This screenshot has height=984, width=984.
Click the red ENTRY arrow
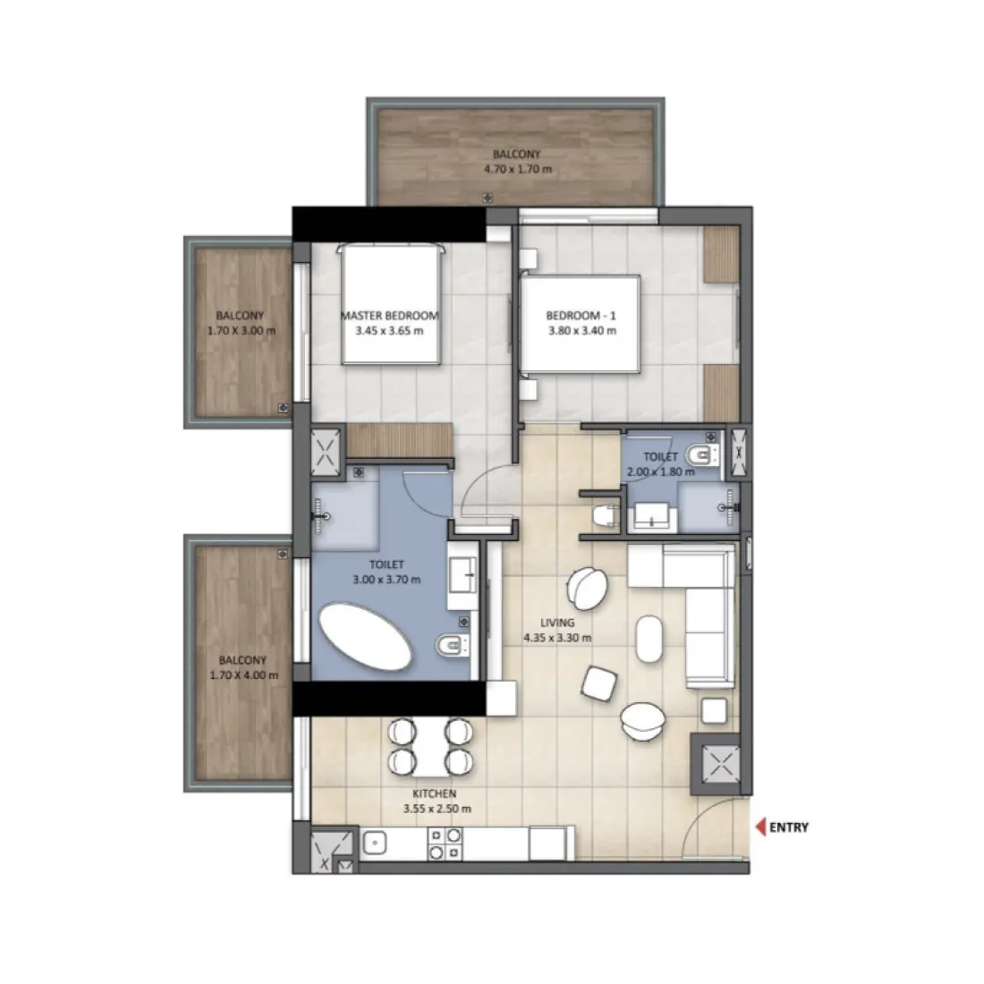761,827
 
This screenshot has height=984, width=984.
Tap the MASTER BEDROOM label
389,316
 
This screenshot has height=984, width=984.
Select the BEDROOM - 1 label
581,316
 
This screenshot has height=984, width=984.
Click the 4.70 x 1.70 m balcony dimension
517,168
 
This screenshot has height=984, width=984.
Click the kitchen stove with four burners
445,843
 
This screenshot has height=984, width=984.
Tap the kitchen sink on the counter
374,843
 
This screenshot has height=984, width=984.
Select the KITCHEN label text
435,793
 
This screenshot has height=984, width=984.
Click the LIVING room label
557,623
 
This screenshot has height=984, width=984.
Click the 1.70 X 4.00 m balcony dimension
242,675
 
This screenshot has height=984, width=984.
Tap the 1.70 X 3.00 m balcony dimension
240,330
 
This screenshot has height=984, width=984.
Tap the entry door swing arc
707,819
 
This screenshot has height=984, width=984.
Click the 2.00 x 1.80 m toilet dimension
660,471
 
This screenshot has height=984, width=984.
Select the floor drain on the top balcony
487,197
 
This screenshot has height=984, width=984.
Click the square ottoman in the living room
598,684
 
